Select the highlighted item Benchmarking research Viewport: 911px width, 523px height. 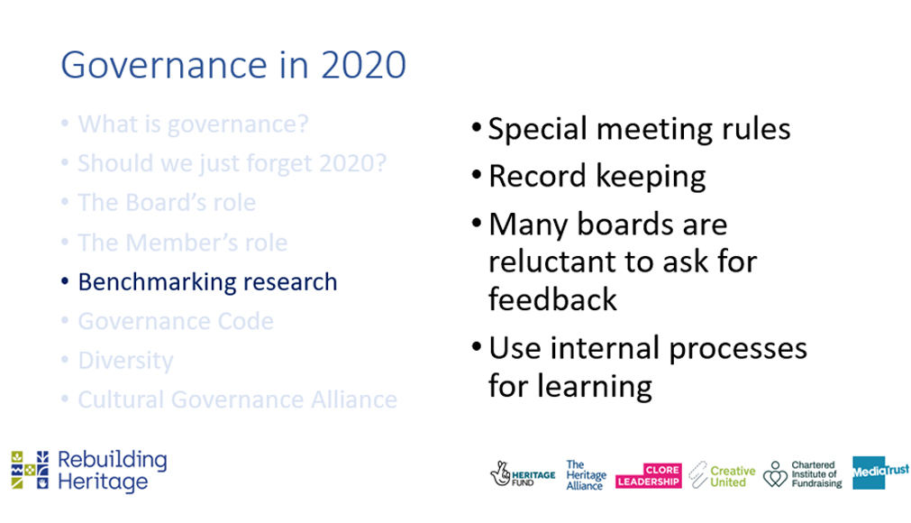pos(207,281)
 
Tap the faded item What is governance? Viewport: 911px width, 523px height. pos(193,124)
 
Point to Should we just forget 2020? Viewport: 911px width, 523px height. pos(232,163)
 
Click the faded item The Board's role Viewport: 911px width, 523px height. pos(167,203)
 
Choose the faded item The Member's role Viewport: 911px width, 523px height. pos(182,243)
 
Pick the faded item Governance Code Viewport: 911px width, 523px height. pos(176,321)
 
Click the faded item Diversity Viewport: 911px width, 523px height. pos(125,361)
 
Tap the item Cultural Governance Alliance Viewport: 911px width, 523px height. pos(237,399)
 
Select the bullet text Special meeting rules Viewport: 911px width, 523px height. pos(639,129)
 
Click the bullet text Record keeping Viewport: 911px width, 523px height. pos(597,176)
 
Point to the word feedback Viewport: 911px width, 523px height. pos(552,298)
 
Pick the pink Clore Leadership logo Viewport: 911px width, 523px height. pos(647,474)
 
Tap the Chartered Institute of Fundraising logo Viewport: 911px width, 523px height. pos(802,473)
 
